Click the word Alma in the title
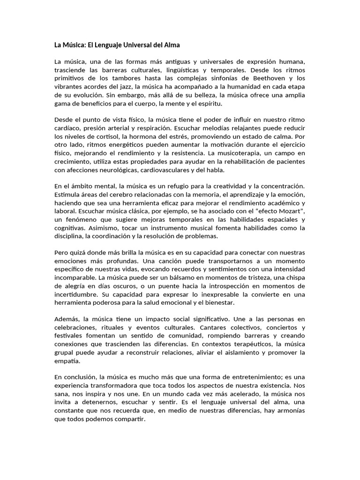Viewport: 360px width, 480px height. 171,45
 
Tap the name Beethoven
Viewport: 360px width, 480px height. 263,78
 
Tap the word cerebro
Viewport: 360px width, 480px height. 119,194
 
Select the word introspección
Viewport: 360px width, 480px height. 224,286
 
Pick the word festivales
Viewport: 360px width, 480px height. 69,336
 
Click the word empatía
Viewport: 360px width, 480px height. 67,361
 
